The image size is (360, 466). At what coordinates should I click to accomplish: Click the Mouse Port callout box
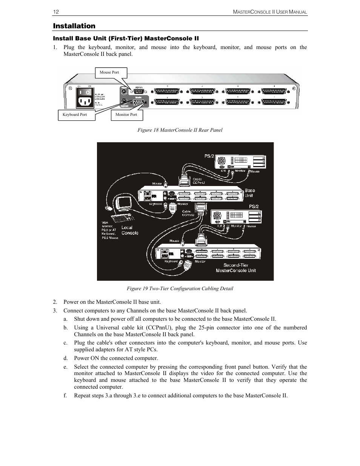[109, 72]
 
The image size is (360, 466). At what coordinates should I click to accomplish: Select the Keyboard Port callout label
[75, 115]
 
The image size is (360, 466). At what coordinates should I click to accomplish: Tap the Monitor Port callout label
[126, 115]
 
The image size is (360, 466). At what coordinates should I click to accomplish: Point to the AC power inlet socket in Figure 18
[85, 101]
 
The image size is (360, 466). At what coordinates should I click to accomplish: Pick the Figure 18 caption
[180, 130]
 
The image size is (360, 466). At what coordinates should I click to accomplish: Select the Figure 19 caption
[180, 289]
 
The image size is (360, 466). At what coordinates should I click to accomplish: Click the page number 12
[56, 12]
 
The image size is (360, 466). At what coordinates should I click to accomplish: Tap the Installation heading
[74, 26]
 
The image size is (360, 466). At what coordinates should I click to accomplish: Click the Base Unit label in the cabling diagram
[249, 193]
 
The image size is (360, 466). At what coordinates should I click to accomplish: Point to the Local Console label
[130, 230]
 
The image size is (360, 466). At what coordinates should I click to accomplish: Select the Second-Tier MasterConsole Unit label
[236, 268]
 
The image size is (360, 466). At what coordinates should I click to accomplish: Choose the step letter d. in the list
[66, 358]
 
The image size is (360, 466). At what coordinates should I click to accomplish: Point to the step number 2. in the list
[55, 302]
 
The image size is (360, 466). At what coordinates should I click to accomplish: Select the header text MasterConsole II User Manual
[270, 12]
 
